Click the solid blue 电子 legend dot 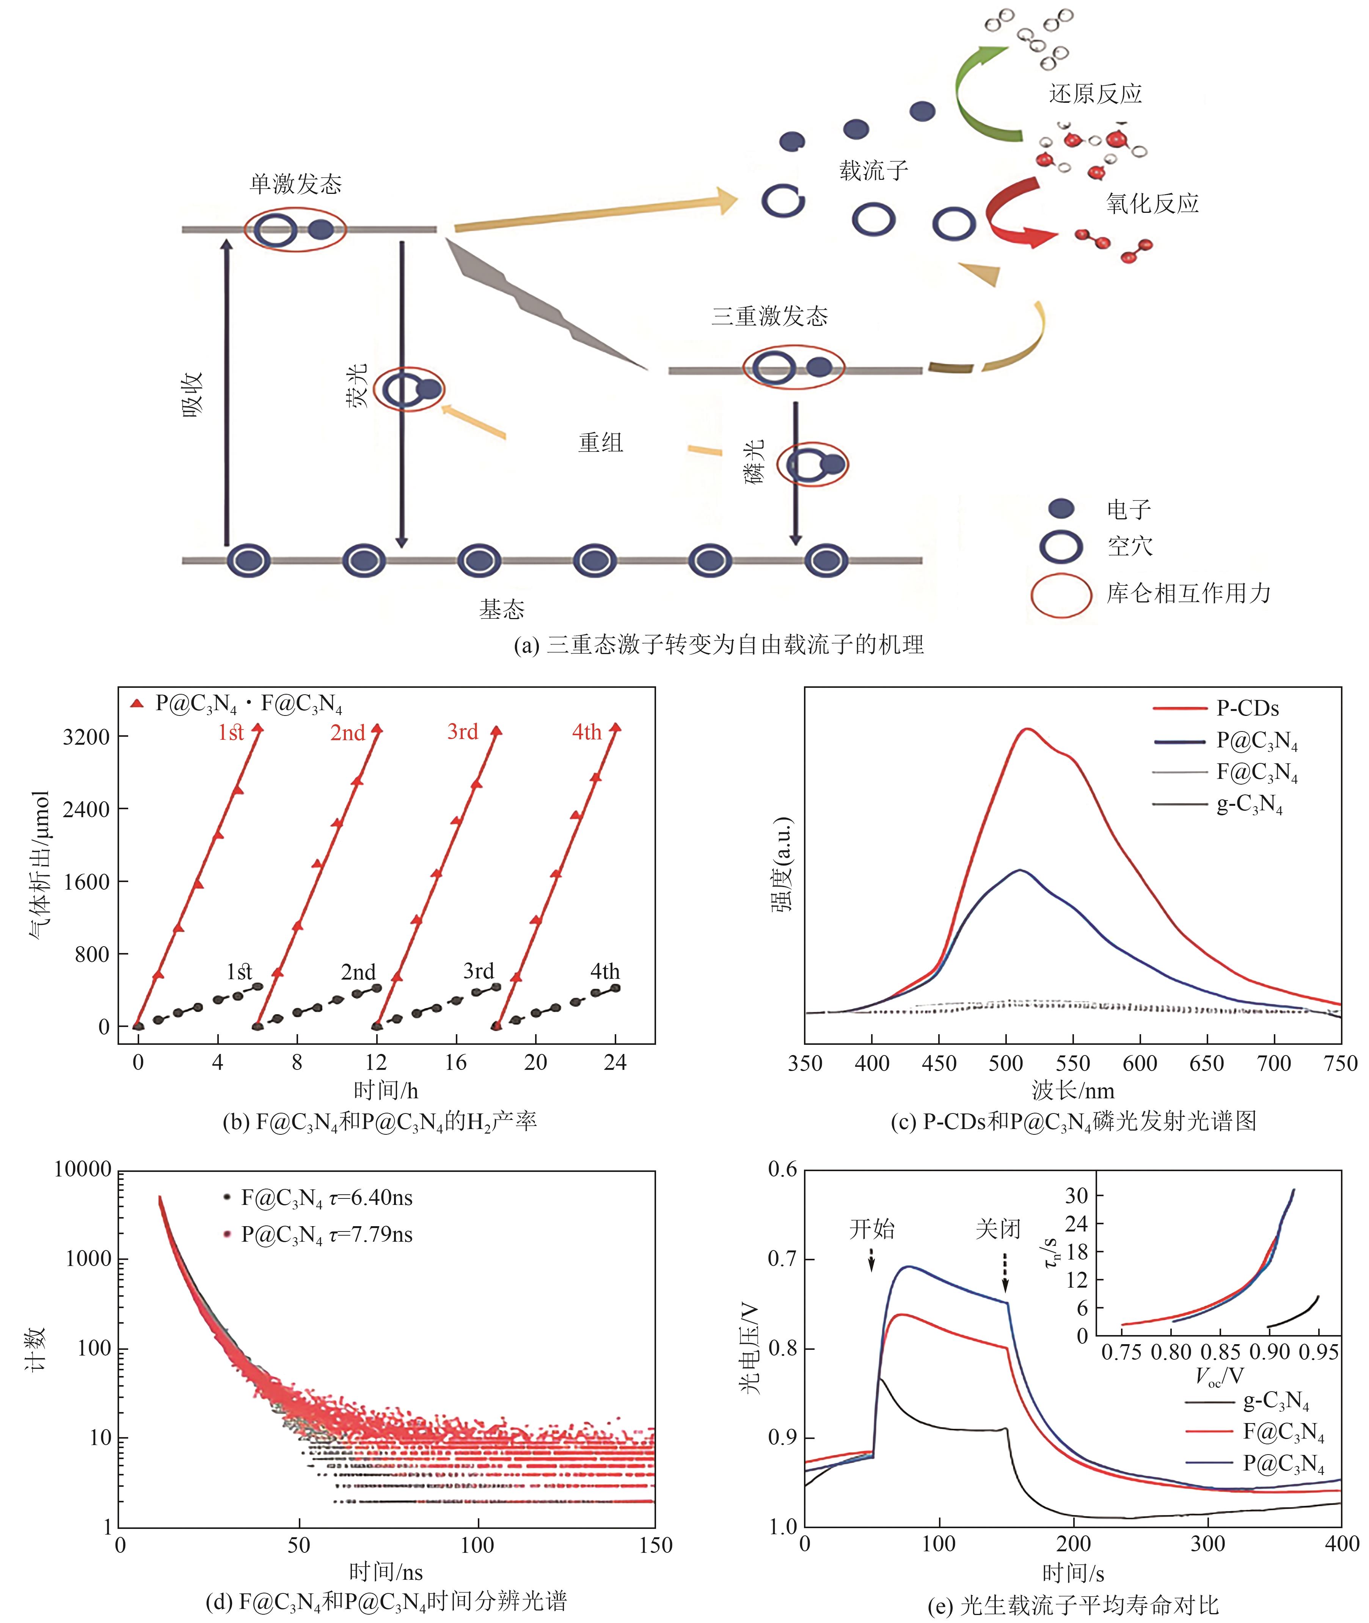point(1061,508)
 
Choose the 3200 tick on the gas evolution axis point(86,736)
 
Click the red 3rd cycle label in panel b point(463,732)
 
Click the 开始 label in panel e point(871,1229)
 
